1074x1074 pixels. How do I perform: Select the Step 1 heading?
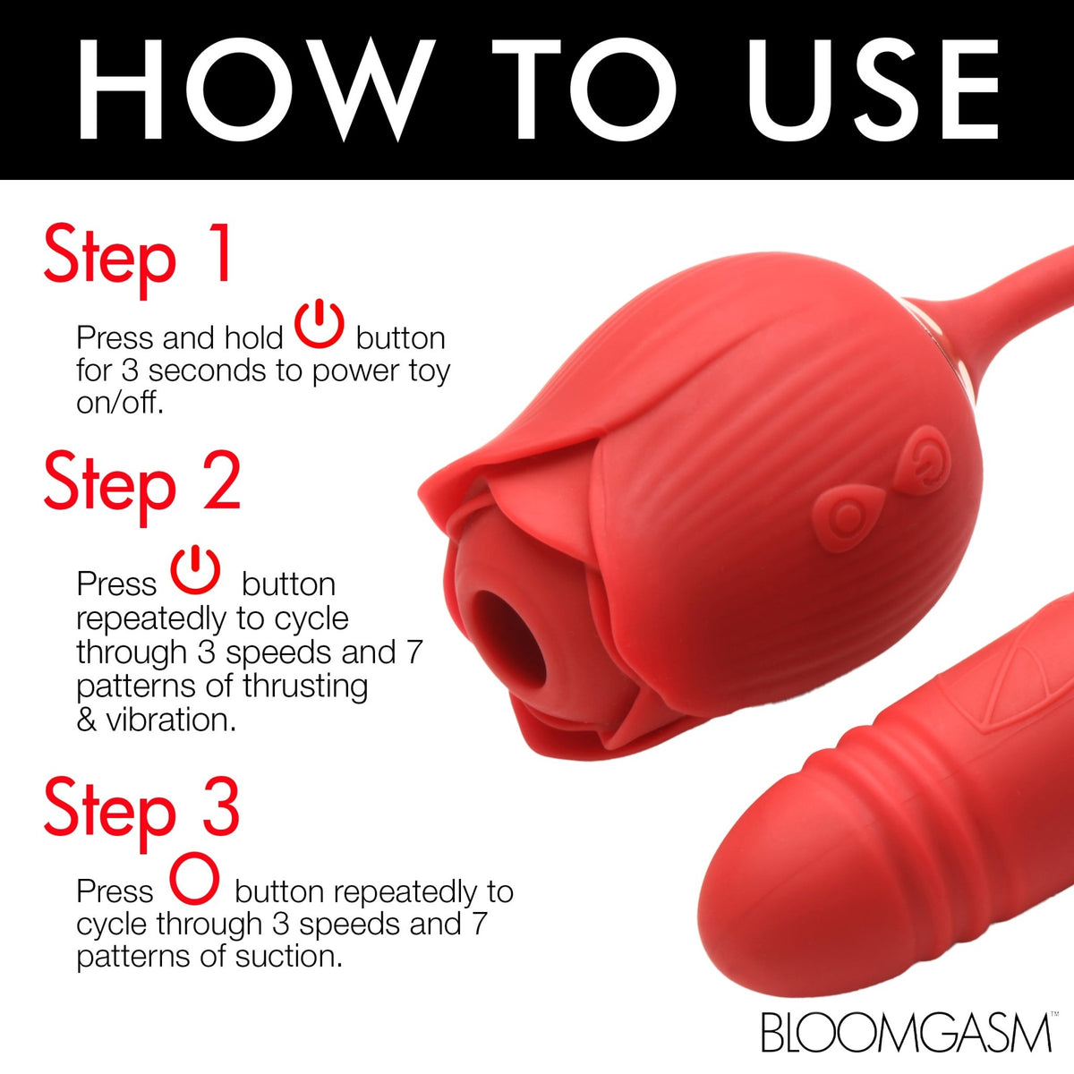[x=139, y=255]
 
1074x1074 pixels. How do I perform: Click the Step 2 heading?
[x=141, y=483]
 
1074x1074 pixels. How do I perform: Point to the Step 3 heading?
[x=141, y=808]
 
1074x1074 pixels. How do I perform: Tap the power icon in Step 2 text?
[x=195, y=572]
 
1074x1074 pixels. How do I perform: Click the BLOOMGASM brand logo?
[x=906, y=1032]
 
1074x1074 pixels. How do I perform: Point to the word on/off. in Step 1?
[x=120, y=404]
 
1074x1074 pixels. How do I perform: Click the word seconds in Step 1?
[x=196, y=371]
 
